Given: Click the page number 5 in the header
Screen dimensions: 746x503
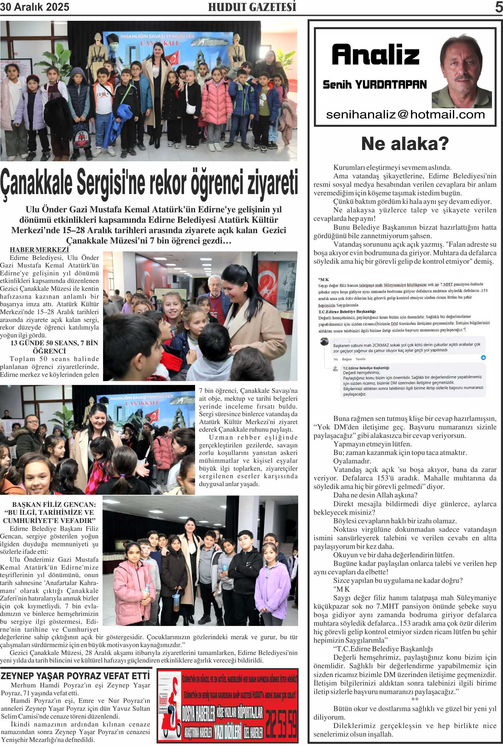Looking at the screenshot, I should tap(499, 7).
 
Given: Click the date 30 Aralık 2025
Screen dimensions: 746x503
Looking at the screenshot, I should tap(35, 7).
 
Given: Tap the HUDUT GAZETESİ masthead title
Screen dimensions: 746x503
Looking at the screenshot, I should tap(252, 7).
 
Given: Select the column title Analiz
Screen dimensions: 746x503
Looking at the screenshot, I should tap(376, 55).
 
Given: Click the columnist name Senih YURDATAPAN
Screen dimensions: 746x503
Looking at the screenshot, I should tap(375, 85).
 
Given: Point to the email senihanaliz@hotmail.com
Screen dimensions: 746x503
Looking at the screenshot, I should tap(405, 114).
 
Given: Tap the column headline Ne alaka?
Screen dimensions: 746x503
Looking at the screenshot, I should tap(405, 144).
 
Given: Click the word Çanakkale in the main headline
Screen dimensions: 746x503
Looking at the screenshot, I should tap(36, 183).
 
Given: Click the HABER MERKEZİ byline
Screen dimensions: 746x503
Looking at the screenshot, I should tap(39, 250).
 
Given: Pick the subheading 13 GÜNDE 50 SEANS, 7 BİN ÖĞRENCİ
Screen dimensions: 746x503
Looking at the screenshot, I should tap(54, 347).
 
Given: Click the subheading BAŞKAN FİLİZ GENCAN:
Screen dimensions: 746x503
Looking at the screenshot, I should tap(54, 504).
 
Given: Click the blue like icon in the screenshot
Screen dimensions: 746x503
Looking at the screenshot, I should tap(483, 358).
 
